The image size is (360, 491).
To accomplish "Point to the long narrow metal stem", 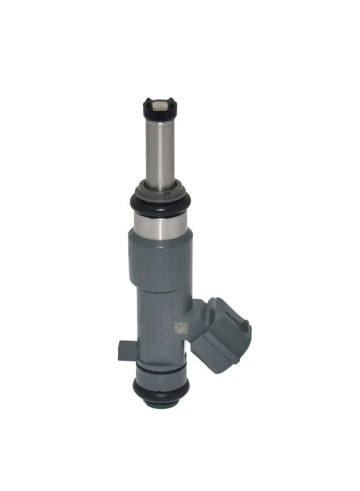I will point(160,153).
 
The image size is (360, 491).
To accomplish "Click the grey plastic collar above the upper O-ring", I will point(160,188).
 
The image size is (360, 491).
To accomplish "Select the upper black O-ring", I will point(160,205).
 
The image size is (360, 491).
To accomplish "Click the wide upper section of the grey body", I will point(160,256).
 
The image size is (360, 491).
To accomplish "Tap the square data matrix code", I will point(181,328).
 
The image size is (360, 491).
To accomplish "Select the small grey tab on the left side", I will point(125,351).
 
